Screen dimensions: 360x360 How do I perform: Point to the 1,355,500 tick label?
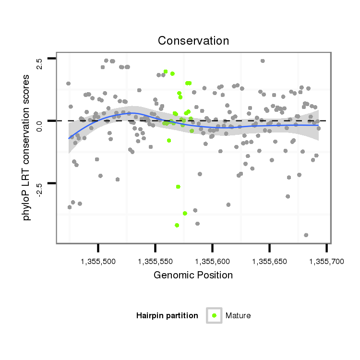(x=98, y=262)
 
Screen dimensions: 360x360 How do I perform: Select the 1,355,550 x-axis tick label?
(x=155, y=262)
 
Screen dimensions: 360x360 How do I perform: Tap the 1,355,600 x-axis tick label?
(x=212, y=262)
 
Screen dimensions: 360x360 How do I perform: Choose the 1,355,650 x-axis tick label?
(x=269, y=262)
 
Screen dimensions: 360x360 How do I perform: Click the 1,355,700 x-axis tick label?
(x=326, y=262)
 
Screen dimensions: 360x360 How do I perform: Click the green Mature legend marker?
(x=214, y=315)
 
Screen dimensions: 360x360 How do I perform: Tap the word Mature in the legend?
(x=238, y=315)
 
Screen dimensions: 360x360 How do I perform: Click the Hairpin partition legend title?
(x=167, y=315)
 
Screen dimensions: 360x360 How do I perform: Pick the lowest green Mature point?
(x=177, y=225)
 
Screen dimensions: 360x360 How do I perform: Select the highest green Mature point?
(x=166, y=72)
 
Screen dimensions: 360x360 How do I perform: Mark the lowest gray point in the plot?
(x=306, y=235)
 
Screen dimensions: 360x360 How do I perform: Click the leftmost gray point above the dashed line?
(x=68, y=84)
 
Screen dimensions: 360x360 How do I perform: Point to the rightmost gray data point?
(x=318, y=128)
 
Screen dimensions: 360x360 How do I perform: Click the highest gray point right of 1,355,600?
(x=263, y=61)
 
